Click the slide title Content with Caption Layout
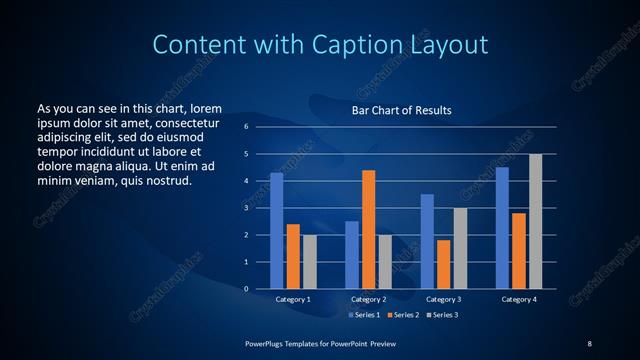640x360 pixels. pos(320,44)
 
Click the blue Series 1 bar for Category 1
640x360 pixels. pos(276,231)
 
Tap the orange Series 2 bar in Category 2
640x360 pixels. pos(368,229)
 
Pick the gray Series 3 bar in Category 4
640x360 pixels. pos(535,221)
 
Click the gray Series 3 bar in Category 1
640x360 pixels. pos(309,262)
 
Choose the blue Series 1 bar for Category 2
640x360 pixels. pos(351,254)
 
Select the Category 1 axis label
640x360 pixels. pos(293,299)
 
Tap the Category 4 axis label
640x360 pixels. pos(518,299)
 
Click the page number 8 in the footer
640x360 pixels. pos(589,343)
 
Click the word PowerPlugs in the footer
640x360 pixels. pos(266,343)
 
